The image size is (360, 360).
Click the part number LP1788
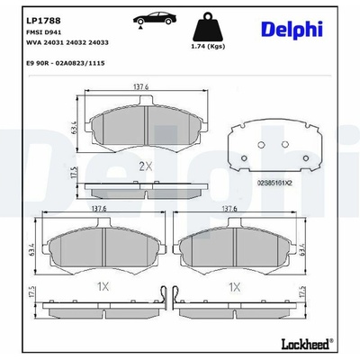(x=43, y=21)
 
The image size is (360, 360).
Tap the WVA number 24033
(x=98, y=42)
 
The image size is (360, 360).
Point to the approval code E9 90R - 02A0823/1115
(x=66, y=63)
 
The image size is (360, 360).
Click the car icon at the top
(x=155, y=20)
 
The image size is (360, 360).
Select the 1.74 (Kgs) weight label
(x=208, y=46)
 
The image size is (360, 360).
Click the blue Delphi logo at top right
(x=292, y=30)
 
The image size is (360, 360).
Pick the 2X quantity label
(x=146, y=166)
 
